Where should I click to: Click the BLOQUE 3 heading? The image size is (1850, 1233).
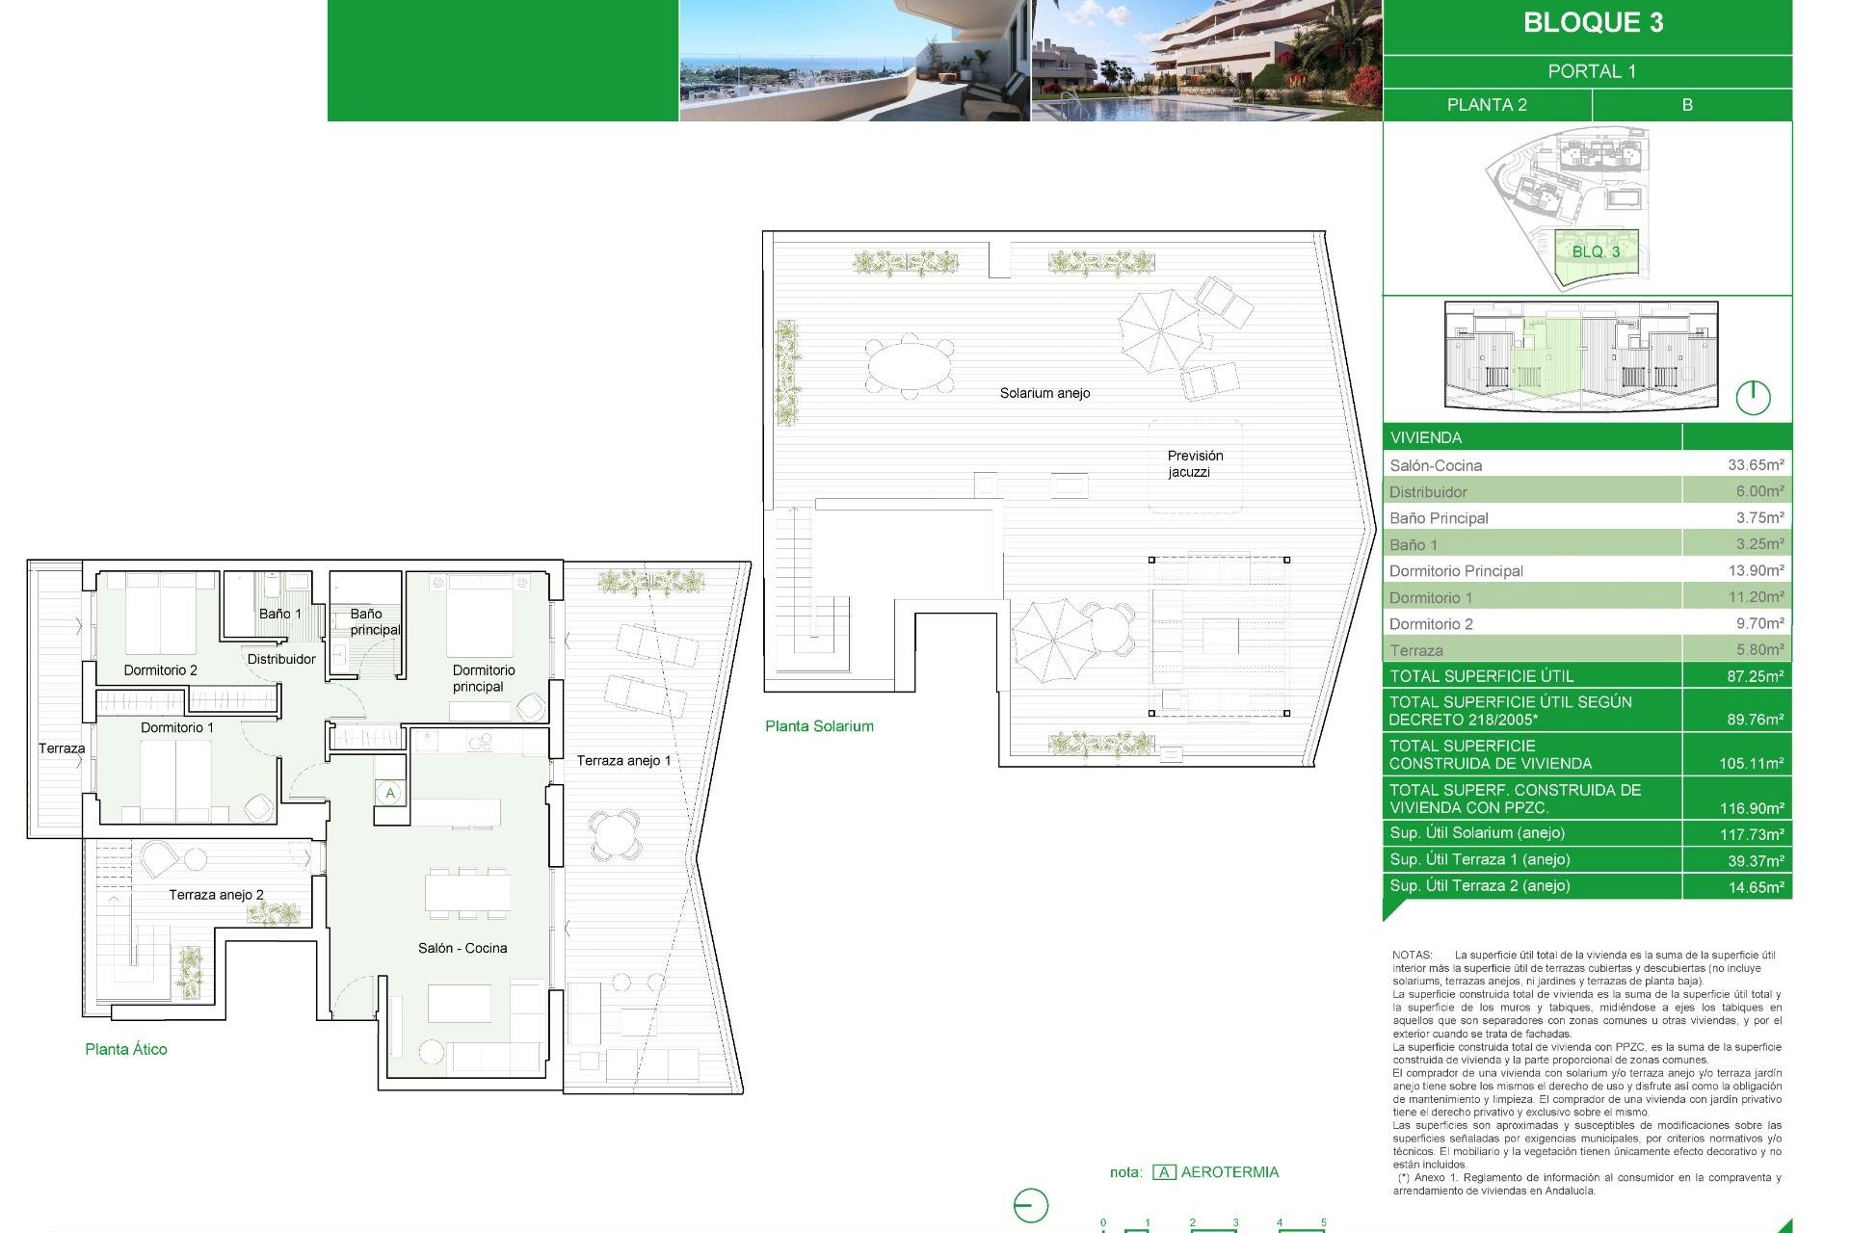1593,23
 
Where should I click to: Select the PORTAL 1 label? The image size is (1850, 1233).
1591,71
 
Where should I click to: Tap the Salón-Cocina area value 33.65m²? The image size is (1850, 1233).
1755,465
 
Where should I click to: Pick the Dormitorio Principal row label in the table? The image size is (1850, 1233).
1456,571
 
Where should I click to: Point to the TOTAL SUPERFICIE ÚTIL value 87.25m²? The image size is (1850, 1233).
1755,676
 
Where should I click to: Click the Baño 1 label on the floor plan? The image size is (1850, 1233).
279,614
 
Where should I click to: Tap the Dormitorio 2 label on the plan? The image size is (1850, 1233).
160,670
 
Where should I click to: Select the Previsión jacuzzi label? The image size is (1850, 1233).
1194,463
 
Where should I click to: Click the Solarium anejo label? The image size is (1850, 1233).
1044,393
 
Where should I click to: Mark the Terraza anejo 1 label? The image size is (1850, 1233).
623,761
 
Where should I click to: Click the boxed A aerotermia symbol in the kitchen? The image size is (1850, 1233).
390,794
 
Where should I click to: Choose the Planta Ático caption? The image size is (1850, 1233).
126,1050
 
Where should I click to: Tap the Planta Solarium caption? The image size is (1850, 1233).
819,726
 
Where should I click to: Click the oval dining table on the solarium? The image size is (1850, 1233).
910,366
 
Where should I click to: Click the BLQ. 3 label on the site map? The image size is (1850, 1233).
1596,252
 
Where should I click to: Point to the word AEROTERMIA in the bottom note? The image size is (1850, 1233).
1229,1172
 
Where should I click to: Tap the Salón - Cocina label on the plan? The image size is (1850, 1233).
462,949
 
